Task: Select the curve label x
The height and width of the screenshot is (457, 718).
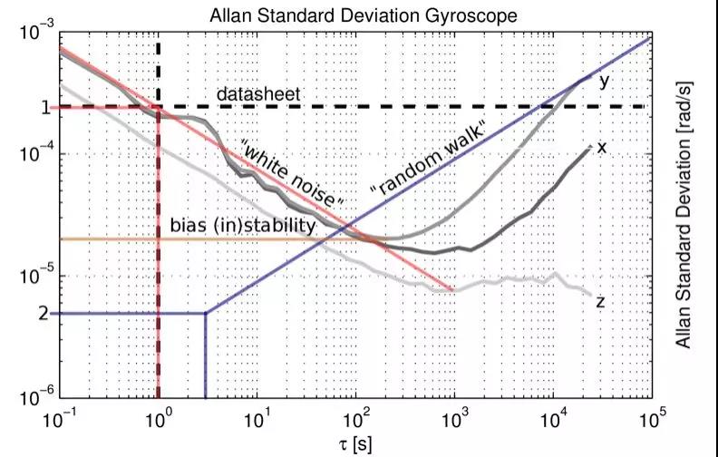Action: point(601,146)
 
